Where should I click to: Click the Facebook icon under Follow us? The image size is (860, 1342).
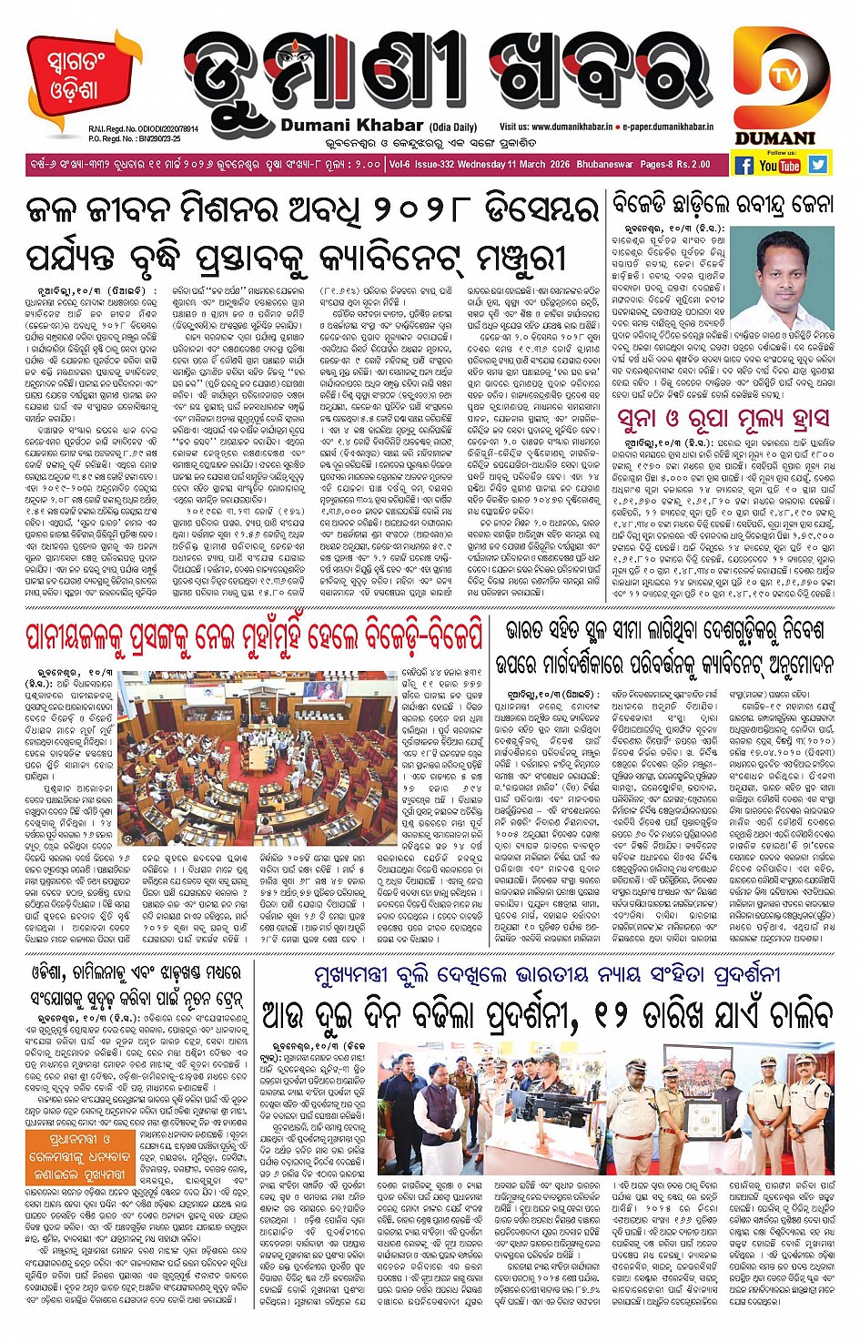pyautogui.click(x=744, y=165)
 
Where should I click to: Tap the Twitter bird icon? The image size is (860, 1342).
pyautogui.click(x=818, y=165)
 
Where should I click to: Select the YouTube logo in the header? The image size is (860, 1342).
pyautogui.click(x=780, y=166)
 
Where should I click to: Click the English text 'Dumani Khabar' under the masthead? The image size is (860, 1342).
pyautogui.click(x=352, y=126)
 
